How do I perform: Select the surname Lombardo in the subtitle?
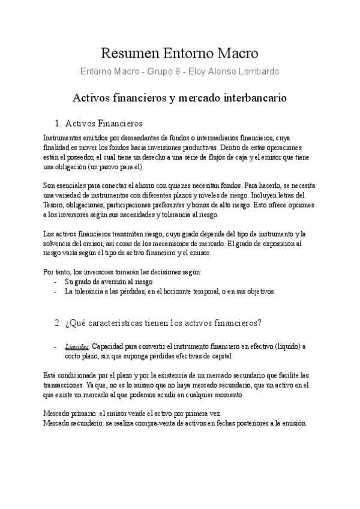(257, 72)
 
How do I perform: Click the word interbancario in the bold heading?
(251, 97)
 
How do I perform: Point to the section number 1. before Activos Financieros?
(58, 124)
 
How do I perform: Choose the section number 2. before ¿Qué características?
(58, 324)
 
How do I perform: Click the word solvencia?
(59, 243)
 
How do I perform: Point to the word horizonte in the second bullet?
(206, 291)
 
